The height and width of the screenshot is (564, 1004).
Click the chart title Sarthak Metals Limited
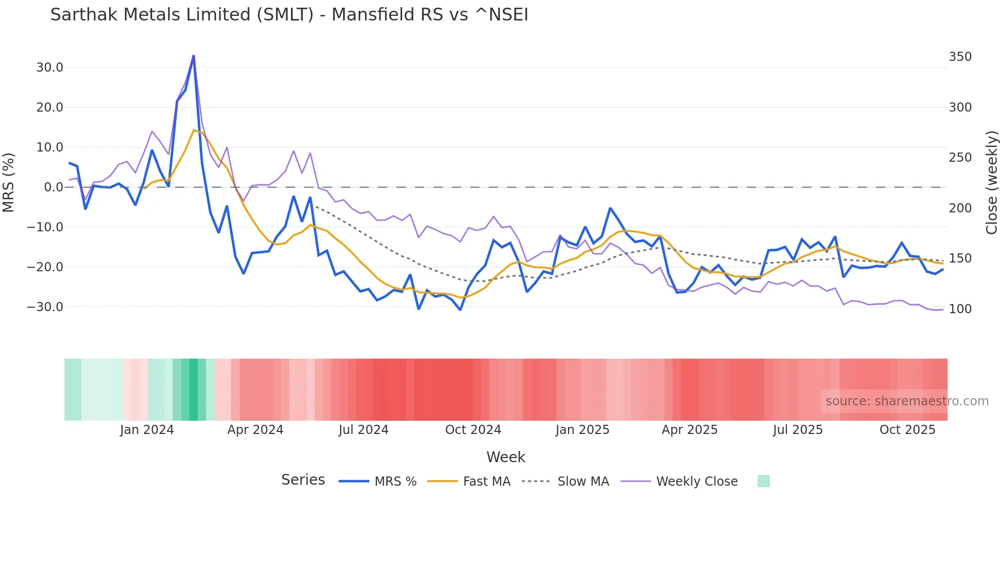point(289,15)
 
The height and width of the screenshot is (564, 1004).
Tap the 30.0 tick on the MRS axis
point(50,68)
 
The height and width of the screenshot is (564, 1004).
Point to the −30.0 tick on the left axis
point(46,307)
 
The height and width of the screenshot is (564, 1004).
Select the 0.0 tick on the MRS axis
point(53,187)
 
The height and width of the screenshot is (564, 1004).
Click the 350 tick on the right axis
point(960,57)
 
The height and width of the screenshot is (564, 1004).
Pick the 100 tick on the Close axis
point(960,309)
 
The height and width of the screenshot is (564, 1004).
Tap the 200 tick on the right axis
point(960,208)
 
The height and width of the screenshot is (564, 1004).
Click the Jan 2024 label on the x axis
point(147,430)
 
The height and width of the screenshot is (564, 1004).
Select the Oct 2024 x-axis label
point(473,430)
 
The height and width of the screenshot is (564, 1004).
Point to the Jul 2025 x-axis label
point(798,430)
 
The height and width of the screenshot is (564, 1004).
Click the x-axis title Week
point(506,457)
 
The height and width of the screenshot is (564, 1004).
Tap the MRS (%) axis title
point(9,182)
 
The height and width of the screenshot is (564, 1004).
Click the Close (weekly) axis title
point(992,182)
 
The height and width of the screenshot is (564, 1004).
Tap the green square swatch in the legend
point(763,481)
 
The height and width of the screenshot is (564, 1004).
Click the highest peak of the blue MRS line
point(194,56)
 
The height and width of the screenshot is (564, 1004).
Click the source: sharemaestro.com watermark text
point(907,401)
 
